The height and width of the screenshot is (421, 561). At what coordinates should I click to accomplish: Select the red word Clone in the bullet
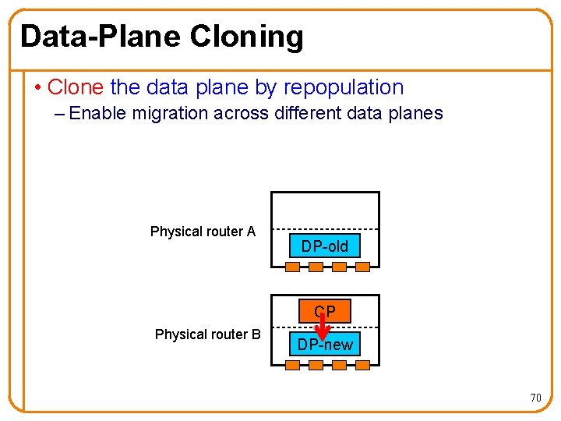(x=76, y=87)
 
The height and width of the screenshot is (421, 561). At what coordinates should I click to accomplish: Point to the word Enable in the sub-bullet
(x=98, y=113)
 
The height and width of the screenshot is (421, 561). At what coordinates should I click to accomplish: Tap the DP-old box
(x=325, y=247)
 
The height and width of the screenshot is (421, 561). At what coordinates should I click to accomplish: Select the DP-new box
(x=325, y=345)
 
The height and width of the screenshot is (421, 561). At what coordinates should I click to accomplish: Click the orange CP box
(x=325, y=311)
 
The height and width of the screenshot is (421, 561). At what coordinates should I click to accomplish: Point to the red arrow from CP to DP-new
(x=323, y=327)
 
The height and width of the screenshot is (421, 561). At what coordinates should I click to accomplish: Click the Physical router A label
(x=203, y=232)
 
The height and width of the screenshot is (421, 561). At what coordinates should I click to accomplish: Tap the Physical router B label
(x=207, y=334)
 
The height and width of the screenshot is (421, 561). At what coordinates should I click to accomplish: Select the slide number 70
(x=535, y=398)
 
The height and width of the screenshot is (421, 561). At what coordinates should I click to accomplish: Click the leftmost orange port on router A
(x=292, y=267)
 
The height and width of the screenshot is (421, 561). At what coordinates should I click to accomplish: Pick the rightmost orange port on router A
(x=362, y=267)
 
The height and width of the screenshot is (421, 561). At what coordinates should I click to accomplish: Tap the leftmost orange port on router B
(x=292, y=365)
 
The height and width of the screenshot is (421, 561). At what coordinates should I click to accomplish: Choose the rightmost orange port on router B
(x=362, y=365)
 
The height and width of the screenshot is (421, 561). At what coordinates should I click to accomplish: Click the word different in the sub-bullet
(x=305, y=113)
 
